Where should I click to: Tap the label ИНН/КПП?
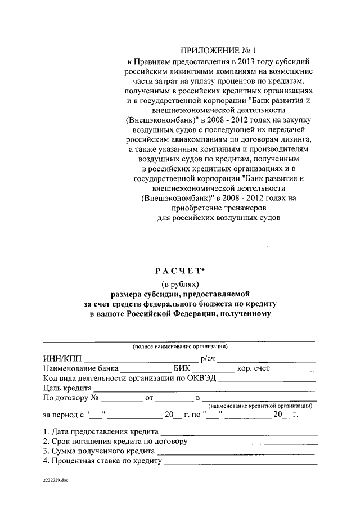click(x=61, y=359)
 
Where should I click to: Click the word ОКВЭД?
click(x=199, y=379)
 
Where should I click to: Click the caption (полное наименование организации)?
click(x=180, y=346)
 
